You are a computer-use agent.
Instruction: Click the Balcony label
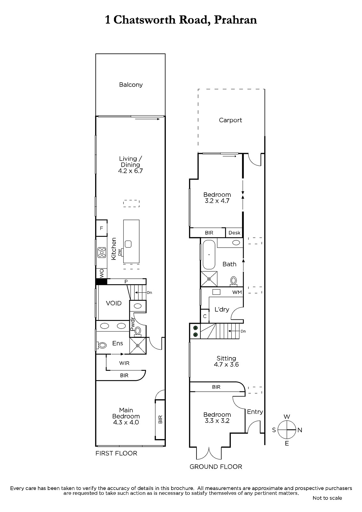point(131,85)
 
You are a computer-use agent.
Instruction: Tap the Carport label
point(230,120)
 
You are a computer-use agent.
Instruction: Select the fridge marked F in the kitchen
point(101,228)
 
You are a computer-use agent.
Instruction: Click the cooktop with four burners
point(102,252)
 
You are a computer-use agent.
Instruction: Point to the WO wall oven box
point(101,273)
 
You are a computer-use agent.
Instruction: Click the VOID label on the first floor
point(114,303)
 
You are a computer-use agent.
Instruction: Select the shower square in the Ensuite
point(138,346)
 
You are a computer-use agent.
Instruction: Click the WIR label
point(124,363)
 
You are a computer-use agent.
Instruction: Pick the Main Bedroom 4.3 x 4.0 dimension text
point(126,422)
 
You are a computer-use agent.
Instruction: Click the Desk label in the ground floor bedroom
point(234,233)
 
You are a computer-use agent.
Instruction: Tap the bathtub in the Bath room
point(209,254)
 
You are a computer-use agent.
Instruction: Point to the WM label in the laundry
point(237,292)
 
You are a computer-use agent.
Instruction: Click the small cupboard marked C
point(205,316)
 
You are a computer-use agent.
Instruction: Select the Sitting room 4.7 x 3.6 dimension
point(226,364)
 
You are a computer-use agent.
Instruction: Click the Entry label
point(255,412)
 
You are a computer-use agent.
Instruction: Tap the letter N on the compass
point(300,430)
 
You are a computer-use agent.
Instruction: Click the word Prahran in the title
point(236,20)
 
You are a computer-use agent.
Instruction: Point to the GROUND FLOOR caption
point(216,467)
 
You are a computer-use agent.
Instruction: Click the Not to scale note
point(327,498)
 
